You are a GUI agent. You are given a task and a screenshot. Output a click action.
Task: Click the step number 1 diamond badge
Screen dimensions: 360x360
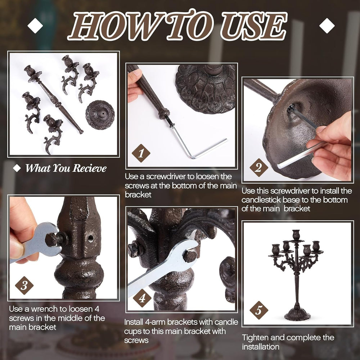pyautogui.click(x=141, y=153)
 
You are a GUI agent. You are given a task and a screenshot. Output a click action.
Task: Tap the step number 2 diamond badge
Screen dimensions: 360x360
pyautogui.click(x=259, y=167)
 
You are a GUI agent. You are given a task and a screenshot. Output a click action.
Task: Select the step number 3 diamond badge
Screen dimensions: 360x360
pyautogui.click(x=24, y=285)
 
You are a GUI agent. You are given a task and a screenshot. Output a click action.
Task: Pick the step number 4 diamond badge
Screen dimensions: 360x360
pyautogui.click(x=142, y=298)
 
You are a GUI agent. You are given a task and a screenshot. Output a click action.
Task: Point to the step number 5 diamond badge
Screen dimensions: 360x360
pyautogui.click(x=259, y=310)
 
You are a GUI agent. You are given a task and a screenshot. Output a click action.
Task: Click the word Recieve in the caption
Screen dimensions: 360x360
pyautogui.click(x=90, y=168)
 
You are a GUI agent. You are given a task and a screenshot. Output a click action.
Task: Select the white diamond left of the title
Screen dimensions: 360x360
pyautogui.click(x=35, y=26)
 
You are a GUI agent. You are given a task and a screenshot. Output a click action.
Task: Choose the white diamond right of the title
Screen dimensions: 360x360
pyautogui.click(x=327, y=26)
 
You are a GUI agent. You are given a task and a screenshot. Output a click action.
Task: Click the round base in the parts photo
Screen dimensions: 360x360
pyautogui.click(x=100, y=115)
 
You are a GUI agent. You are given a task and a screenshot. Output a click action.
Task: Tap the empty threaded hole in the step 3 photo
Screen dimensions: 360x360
pyautogui.click(x=90, y=238)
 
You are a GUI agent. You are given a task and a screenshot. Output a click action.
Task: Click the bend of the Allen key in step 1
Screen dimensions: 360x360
pyautogui.click(x=192, y=156)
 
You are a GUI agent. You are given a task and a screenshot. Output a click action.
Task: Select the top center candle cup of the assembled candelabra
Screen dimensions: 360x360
pyautogui.click(x=296, y=235)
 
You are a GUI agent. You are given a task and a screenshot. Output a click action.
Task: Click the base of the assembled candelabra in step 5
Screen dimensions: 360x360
pyautogui.click(x=297, y=314)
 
